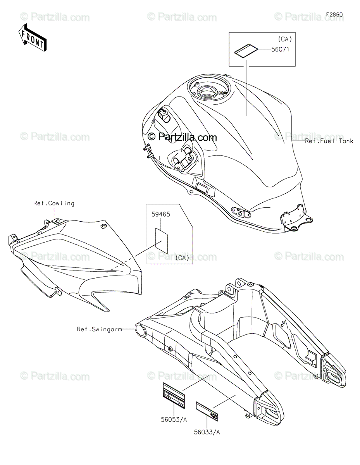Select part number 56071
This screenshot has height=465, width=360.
tap(280, 50)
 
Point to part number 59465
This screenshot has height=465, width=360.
tap(161, 214)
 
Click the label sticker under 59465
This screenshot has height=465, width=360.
tap(162, 241)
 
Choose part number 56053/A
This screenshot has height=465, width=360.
tap(174, 420)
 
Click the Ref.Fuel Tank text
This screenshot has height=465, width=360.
tap(329, 141)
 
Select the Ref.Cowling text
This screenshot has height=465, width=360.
tap(54, 203)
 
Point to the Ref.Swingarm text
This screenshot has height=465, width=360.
tap(99, 329)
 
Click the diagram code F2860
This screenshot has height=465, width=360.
tap(334, 15)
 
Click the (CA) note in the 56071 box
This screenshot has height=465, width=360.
tap(285, 39)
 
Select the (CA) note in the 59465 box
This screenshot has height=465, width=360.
tap(183, 258)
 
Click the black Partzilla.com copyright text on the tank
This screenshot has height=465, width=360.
tap(183, 137)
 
